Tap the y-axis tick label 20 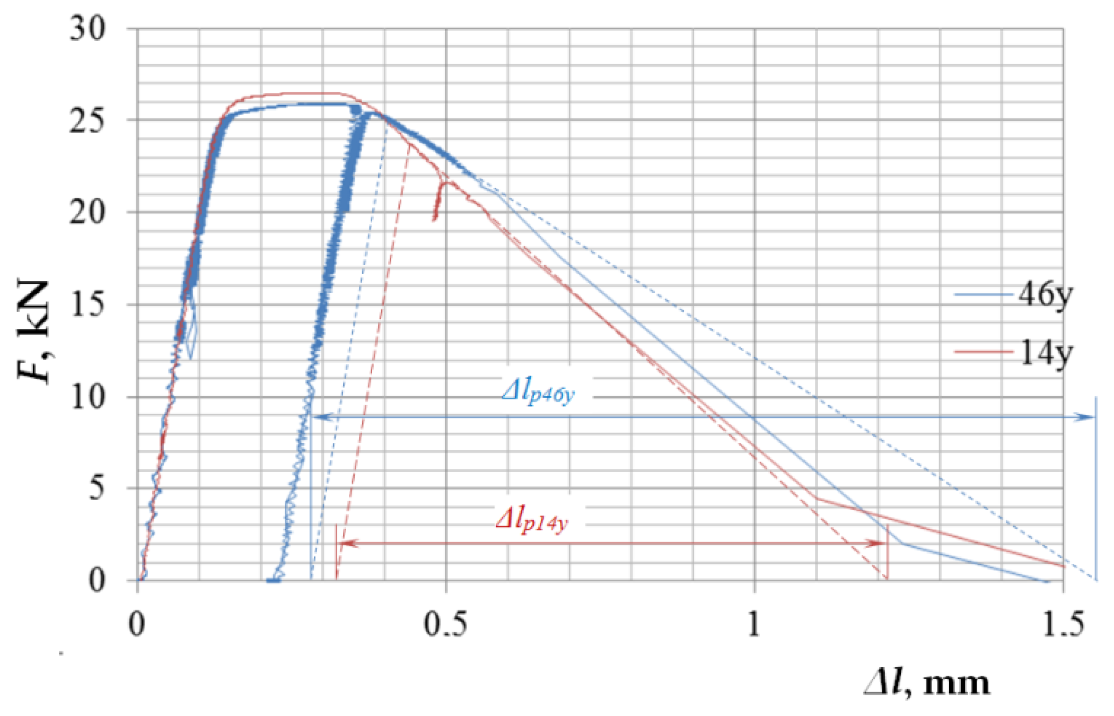coord(87,213)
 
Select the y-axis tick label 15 coord(87,305)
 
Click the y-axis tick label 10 coord(87,397)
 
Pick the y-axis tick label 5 coord(97,488)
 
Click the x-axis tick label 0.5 coord(445,624)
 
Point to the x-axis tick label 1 coord(754,624)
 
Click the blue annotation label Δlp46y coord(538,392)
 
